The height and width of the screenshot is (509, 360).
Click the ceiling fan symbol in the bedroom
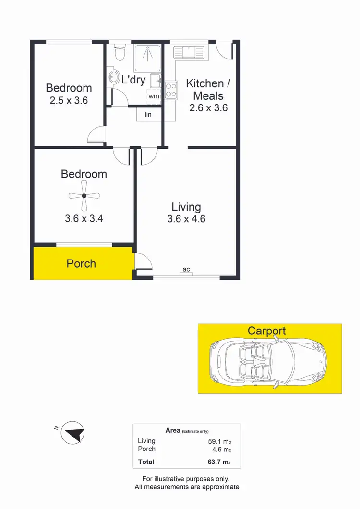point(84,196)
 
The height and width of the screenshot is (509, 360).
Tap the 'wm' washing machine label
point(154,96)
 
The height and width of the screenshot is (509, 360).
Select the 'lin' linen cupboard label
point(148,114)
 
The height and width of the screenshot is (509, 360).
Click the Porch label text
point(81,263)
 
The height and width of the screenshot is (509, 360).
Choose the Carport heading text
point(266,331)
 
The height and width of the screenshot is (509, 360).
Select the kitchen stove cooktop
point(171,90)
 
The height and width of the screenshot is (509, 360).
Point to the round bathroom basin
point(114,77)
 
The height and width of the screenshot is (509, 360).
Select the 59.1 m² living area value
point(219,441)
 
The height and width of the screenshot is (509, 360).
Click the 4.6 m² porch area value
point(221,449)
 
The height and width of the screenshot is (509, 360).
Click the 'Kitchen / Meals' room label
point(208,89)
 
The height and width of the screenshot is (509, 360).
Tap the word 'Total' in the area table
point(146,462)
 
